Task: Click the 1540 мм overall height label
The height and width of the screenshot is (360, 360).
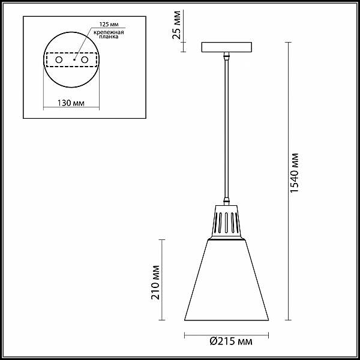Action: coord(294,172)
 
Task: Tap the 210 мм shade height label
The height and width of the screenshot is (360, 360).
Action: coord(155,282)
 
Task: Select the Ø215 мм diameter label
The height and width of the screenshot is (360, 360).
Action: coord(231,341)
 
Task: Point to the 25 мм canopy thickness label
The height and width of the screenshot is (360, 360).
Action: coord(176,25)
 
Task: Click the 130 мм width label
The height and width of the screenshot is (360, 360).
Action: coord(71,103)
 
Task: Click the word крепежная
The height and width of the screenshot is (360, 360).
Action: coord(109,32)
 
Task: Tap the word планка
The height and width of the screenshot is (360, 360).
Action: coord(109,37)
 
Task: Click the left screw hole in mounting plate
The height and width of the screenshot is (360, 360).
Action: coord(59,60)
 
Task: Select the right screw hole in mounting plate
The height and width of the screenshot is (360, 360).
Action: coord(85,60)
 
